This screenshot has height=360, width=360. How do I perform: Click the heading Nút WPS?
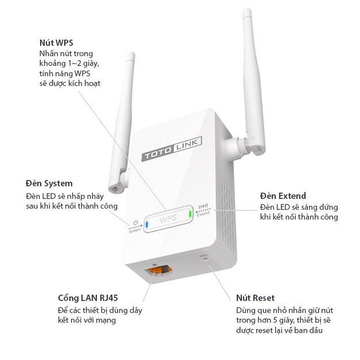[56, 43]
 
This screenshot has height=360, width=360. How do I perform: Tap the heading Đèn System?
[49, 183]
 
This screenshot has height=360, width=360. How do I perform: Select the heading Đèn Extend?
[283, 196]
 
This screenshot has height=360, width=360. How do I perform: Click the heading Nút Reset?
[255, 298]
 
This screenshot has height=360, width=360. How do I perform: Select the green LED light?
[190, 214]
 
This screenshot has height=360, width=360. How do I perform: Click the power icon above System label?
[135, 222]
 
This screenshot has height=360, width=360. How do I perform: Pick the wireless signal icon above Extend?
[202, 209]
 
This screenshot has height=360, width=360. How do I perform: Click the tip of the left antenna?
[131, 56]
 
